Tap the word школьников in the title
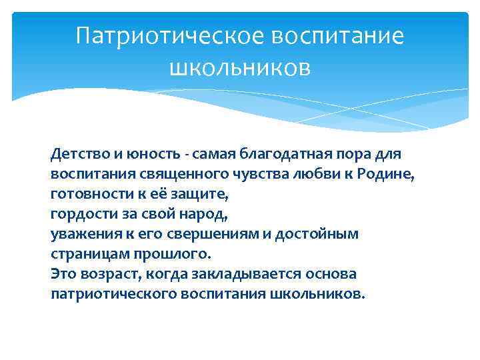(x=240, y=66)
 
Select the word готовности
(x=83, y=195)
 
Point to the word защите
(x=199, y=195)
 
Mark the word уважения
(x=79, y=235)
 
